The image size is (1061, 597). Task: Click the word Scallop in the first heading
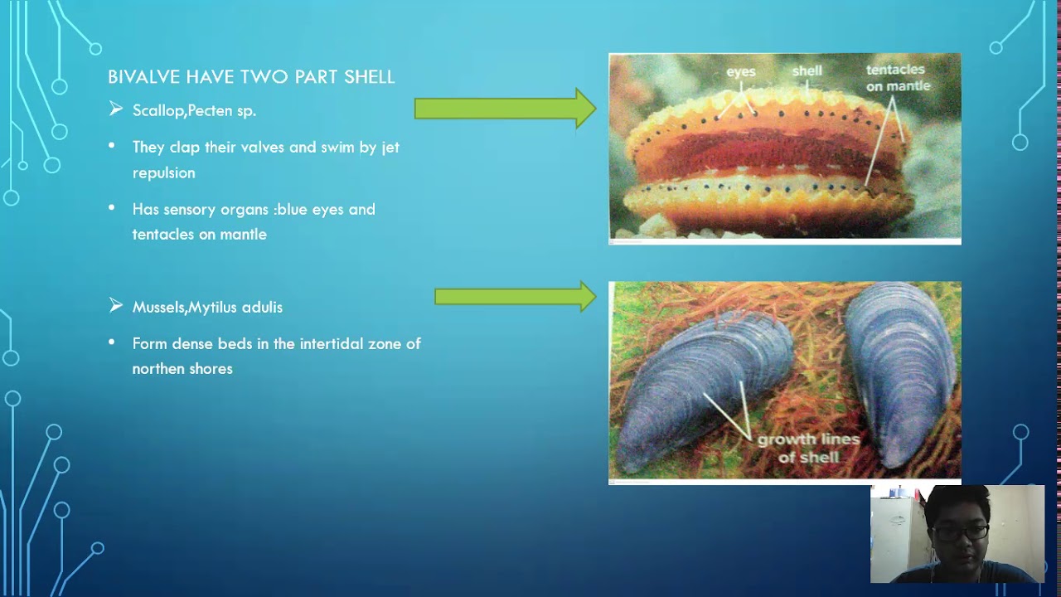point(158,110)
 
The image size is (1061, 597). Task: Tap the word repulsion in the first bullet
point(163,172)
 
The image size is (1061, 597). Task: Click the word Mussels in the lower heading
point(158,307)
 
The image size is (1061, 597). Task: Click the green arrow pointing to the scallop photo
point(504,109)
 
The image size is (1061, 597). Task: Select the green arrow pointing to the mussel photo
point(514,296)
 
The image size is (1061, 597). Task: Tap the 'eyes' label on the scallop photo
point(740,72)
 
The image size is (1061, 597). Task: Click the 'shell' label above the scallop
point(807,71)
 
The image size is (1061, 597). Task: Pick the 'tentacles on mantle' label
point(897,78)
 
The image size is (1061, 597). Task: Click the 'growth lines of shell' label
point(808,448)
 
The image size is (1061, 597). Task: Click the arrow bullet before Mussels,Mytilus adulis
point(116,306)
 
